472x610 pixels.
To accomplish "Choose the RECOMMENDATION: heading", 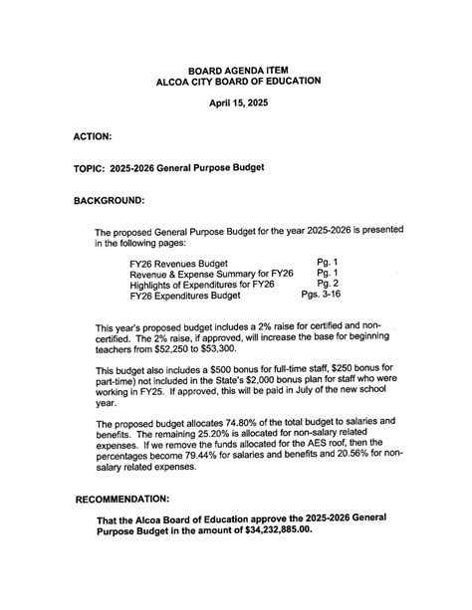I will click(122, 498).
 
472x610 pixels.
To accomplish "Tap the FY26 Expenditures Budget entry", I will click(185, 295).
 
